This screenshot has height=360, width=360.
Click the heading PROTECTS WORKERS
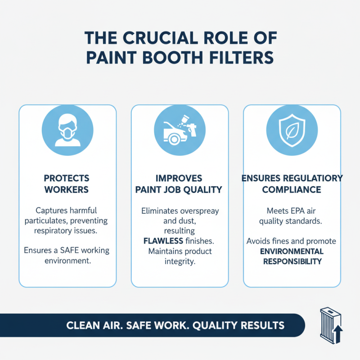(67, 184)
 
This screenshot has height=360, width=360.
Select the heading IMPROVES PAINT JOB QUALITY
(180, 184)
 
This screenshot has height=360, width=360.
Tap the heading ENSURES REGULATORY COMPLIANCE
(292, 184)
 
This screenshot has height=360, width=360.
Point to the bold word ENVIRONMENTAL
(292, 251)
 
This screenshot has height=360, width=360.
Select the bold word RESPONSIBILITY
(292, 261)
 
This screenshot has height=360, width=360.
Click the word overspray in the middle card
(194, 210)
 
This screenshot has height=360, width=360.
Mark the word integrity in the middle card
(180, 261)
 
